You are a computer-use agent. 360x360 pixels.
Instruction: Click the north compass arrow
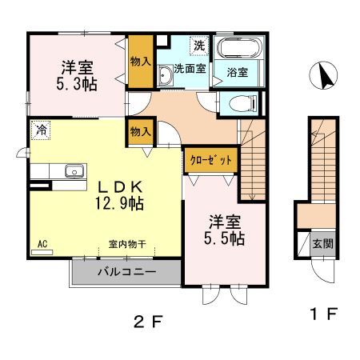coord(326,77)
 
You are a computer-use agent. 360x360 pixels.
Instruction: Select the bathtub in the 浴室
coord(238,47)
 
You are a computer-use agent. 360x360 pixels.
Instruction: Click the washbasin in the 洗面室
coord(166,76)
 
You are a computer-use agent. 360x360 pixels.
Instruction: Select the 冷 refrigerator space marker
coord(38,129)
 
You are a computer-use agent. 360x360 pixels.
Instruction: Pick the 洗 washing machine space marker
coord(196,45)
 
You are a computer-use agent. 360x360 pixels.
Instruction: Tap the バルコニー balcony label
coord(126,272)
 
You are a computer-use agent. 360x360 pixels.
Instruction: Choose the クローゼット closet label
coord(211,160)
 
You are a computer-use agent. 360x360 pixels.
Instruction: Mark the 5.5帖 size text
coord(222,238)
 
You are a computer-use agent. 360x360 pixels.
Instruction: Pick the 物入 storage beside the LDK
coord(139,130)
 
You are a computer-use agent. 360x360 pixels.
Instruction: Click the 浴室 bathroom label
coord(238,72)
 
